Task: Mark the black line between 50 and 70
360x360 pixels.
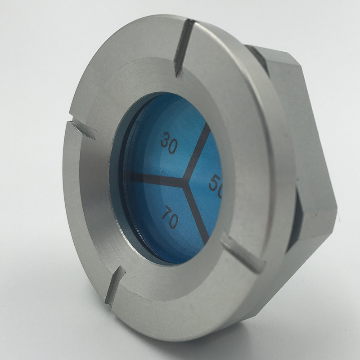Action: (198, 214)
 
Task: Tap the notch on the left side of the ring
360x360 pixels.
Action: (81, 128)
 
